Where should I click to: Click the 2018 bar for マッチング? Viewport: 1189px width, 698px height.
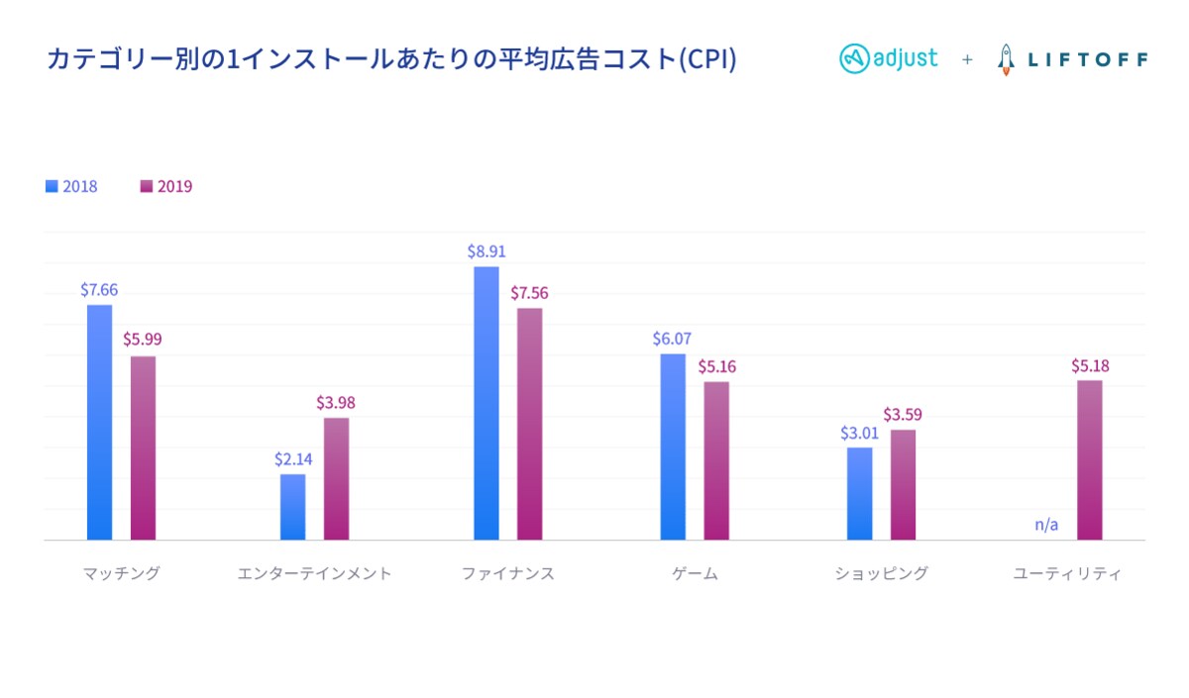[x=99, y=422]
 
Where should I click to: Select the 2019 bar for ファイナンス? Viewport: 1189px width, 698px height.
[x=530, y=424]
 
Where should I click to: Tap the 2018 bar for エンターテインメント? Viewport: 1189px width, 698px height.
[x=292, y=507]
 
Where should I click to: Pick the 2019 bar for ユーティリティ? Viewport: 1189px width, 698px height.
[x=1090, y=460]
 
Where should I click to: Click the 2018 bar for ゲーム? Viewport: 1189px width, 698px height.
[x=673, y=447]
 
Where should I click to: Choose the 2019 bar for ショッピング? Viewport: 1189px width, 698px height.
[x=903, y=484]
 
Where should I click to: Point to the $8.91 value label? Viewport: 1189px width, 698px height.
[x=486, y=251]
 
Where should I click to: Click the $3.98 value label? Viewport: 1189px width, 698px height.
[x=336, y=403]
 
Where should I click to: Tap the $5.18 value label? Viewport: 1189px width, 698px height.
[x=1090, y=365]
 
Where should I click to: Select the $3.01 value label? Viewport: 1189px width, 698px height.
[x=859, y=433]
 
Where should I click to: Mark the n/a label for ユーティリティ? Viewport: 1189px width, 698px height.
[x=1046, y=525]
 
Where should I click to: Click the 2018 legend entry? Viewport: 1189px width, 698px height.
[x=71, y=186]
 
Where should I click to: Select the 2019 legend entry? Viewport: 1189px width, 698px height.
[x=166, y=186]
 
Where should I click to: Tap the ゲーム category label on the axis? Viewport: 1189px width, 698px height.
[x=695, y=573]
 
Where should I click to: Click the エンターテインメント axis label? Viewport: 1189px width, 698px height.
[x=315, y=573]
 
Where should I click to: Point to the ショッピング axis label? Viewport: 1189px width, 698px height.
[x=882, y=573]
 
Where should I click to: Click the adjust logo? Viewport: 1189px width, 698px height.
[x=889, y=58]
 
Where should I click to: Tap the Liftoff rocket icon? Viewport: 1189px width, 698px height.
[x=1006, y=59]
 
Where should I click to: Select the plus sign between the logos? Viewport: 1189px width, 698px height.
[x=967, y=59]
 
